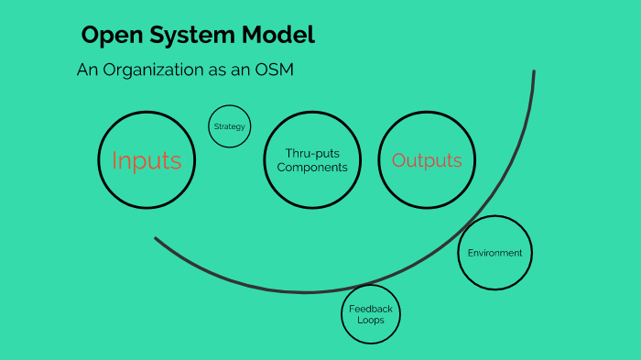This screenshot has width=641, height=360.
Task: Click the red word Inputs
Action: click(x=147, y=160)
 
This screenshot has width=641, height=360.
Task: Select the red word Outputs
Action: click(x=427, y=160)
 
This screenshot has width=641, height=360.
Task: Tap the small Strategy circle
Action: click(x=229, y=126)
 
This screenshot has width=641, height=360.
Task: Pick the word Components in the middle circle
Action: click(x=312, y=168)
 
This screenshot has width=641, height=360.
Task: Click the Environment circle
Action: click(x=494, y=253)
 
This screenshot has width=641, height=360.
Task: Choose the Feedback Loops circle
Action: click(x=371, y=314)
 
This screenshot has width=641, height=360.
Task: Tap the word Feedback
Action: click(x=371, y=309)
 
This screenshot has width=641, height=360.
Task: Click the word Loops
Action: click(x=371, y=322)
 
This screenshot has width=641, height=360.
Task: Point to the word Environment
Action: click(x=494, y=253)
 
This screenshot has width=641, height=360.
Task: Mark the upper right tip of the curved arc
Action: click(x=534, y=72)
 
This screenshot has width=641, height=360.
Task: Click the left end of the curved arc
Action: click(x=157, y=239)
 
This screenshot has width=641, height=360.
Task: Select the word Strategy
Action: click(x=229, y=126)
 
